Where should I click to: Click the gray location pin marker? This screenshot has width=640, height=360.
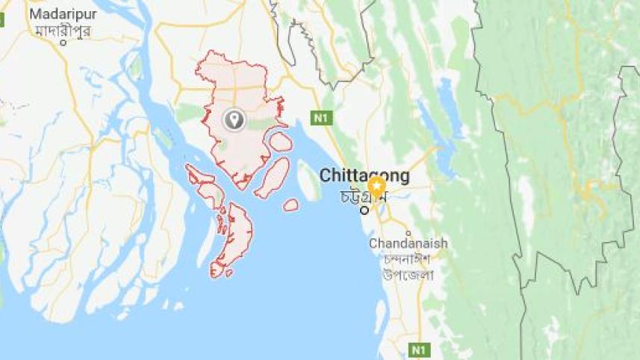click(x=234, y=119)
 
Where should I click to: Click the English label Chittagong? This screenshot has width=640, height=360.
click(x=364, y=176)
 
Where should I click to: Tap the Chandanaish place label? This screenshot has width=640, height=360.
click(x=408, y=243)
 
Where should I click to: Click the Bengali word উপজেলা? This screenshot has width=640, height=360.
click(x=409, y=275)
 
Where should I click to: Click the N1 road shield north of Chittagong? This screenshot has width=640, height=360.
click(x=321, y=117)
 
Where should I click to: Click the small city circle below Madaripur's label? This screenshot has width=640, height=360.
click(x=63, y=43)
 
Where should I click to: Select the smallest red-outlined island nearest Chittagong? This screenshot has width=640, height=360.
click(x=291, y=205)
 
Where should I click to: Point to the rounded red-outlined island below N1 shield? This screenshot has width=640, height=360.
click(x=280, y=141)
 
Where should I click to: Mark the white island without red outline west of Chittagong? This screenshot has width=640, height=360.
click(x=308, y=181)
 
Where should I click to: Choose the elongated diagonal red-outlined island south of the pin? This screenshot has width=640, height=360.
click(x=273, y=178)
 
